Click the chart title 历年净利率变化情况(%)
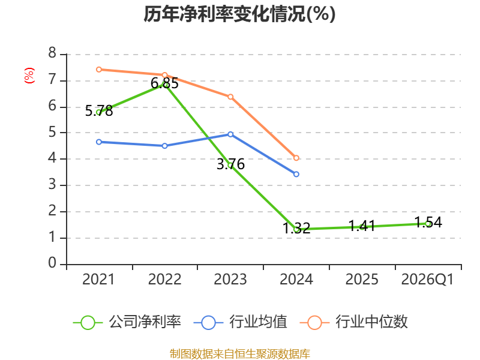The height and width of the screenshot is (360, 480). pos(239,14)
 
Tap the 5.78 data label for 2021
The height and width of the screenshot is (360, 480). pos(99,111)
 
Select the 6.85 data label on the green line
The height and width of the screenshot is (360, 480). pos(164,83)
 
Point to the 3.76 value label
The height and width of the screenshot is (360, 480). pos(230,164)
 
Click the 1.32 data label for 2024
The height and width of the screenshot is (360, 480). pos(296,229)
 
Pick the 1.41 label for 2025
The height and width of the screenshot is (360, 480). pos(362,226)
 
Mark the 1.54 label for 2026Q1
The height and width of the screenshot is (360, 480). pos(428,222)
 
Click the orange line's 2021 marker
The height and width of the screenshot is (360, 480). pos(99,70)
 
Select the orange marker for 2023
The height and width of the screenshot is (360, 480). pos(230,97)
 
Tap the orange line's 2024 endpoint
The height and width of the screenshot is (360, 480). pos(296,158)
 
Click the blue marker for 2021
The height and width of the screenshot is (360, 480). pos(99,142)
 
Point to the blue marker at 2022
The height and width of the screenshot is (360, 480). pos(164,146)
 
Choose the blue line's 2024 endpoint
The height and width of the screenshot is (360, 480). pos(296,174)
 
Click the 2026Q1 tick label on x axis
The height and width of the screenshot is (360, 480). pos(427,280)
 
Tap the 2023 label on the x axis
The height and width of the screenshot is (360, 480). pos(230,280)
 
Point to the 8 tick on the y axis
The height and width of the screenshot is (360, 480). pos(52,53)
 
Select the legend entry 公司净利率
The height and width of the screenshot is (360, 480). pos(127,322)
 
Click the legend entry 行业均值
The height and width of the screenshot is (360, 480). pos(241,322)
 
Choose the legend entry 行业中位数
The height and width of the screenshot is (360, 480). pos(354,322)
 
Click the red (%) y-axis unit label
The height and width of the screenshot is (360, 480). pos(29,76)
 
